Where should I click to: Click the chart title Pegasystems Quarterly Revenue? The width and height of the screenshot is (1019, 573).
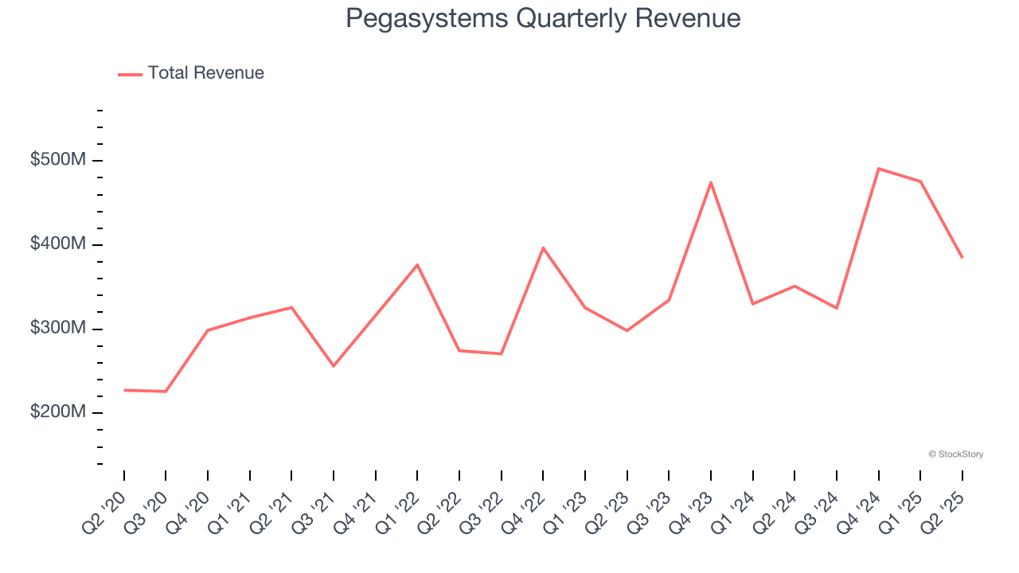point(543,18)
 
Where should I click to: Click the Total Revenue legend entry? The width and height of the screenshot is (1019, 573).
point(191,73)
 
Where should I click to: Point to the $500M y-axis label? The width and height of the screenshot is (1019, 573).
point(57,160)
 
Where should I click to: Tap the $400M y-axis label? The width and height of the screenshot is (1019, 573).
point(57,244)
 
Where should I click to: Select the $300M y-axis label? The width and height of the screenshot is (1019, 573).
point(57,328)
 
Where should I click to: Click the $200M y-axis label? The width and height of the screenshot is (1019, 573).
point(57,412)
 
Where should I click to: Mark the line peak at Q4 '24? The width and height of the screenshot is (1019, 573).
point(879,169)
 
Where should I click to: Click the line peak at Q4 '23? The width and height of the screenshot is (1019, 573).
point(711,182)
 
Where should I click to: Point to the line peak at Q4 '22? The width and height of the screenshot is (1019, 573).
point(543,248)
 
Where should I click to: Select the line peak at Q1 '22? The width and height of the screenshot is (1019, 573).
point(417,264)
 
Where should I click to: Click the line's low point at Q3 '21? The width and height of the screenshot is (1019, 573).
point(334,366)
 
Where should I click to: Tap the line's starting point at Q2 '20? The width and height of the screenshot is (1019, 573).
point(124,390)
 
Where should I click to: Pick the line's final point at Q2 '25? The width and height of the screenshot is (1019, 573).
point(962,258)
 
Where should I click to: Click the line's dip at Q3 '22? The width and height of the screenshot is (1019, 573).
point(502,353)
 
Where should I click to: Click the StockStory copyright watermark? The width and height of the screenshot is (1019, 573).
point(955,454)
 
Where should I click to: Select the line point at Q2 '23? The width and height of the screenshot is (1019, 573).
point(627,330)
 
